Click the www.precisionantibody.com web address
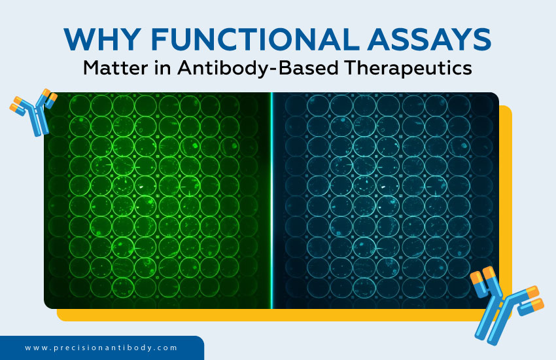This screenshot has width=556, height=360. (101, 348)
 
